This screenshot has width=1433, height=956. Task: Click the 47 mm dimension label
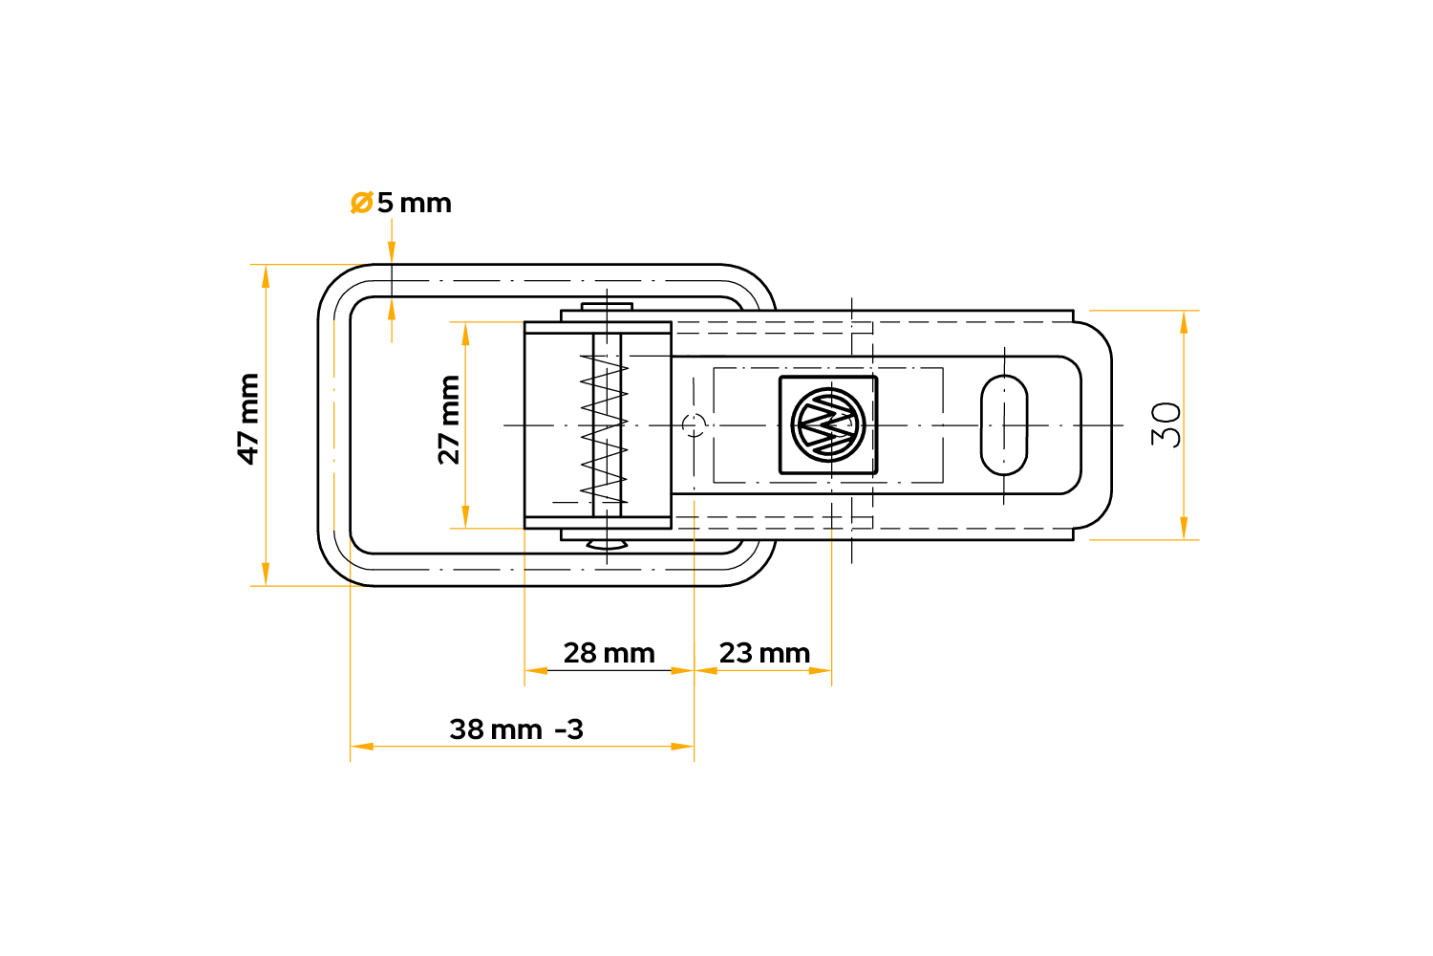[x=248, y=419]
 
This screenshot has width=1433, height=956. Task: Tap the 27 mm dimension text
[x=449, y=419]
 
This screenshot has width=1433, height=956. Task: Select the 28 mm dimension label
[x=609, y=653]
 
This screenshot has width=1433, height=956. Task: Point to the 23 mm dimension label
[x=764, y=653]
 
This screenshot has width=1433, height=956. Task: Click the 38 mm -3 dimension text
[x=516, y=729]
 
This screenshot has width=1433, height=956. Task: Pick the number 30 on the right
[x=1166, y=424]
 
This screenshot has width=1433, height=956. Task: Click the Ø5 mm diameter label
[x=401, y=203]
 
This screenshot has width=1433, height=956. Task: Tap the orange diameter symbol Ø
[x=361, y=203]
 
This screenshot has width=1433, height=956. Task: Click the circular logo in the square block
[x=828, y=424]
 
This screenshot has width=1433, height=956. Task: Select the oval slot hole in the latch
[x=1004, y=424]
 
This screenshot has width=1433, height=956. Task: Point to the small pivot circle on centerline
[x=695, y=424]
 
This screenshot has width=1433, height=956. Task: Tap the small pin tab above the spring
[x=607, y=306]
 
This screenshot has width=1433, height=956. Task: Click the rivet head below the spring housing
[x=607, y=545]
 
